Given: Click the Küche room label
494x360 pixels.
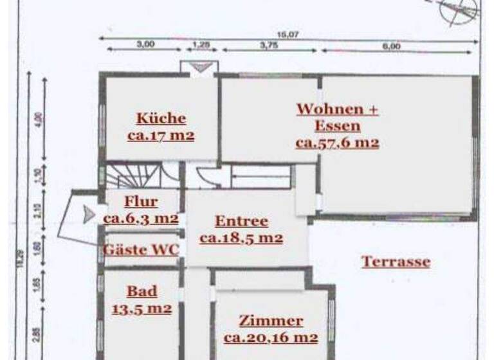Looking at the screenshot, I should (161, 118).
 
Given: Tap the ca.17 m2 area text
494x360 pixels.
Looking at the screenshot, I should (161, 136).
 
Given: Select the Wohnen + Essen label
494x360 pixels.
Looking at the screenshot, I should (337, 117).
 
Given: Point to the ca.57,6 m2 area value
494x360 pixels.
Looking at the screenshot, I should (337, 143).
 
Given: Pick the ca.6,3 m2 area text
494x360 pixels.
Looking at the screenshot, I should (141, 218).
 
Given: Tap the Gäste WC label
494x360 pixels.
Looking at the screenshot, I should (142, 249).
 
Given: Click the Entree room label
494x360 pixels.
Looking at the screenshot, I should (241, 221).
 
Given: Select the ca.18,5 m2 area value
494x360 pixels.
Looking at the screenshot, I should (241, 238).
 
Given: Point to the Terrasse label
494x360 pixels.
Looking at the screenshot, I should (396, 262).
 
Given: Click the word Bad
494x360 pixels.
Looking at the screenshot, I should (142, 292).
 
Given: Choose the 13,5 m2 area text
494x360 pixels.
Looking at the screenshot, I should (142, 308).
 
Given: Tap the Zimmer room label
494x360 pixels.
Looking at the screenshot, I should (271, 321).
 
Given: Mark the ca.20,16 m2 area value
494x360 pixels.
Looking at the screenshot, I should (271, 337).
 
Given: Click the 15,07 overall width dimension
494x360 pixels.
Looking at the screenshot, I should (287, 35).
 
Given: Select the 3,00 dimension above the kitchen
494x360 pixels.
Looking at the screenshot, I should (145, 45).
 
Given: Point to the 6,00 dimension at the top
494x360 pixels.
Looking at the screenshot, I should (391, 46).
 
